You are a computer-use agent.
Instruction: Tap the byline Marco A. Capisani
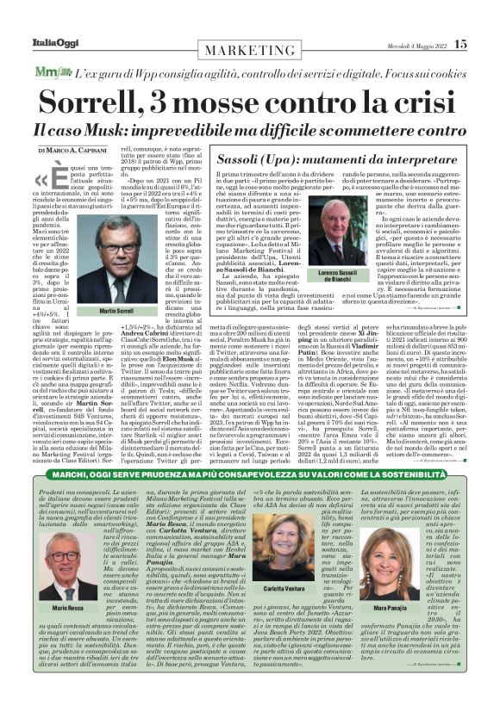pos(69,150)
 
